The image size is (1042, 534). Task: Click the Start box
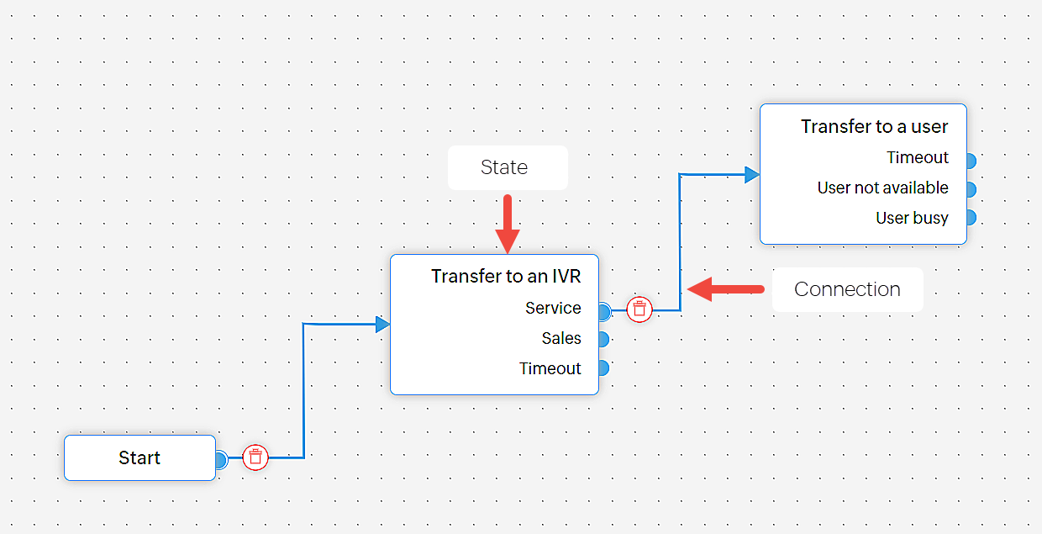point(139,458)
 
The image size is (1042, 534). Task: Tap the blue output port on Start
point(221,459)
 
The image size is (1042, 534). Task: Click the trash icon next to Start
point(256,457)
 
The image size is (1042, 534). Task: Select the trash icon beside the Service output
point(639,309)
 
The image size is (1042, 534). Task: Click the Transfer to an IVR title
point(506,276)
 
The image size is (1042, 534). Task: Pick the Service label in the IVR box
point(553,308)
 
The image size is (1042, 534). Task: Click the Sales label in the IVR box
point(561,338)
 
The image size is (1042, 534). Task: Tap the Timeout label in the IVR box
point(550,368)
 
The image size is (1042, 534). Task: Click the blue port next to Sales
point(603,339)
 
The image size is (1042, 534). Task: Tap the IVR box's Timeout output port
point(603,368)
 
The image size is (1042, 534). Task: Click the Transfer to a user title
point(874,127)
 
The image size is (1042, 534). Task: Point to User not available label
point(882,188)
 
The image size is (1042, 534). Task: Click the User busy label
point(912,218)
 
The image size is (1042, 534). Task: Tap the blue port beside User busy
point(971,218)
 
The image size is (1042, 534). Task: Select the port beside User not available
point(971,188)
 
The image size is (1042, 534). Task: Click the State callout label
point(505,167)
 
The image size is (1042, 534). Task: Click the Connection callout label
point(847,289)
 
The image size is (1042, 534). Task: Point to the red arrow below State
point(508,224)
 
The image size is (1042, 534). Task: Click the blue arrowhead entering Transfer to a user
point(751,175)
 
